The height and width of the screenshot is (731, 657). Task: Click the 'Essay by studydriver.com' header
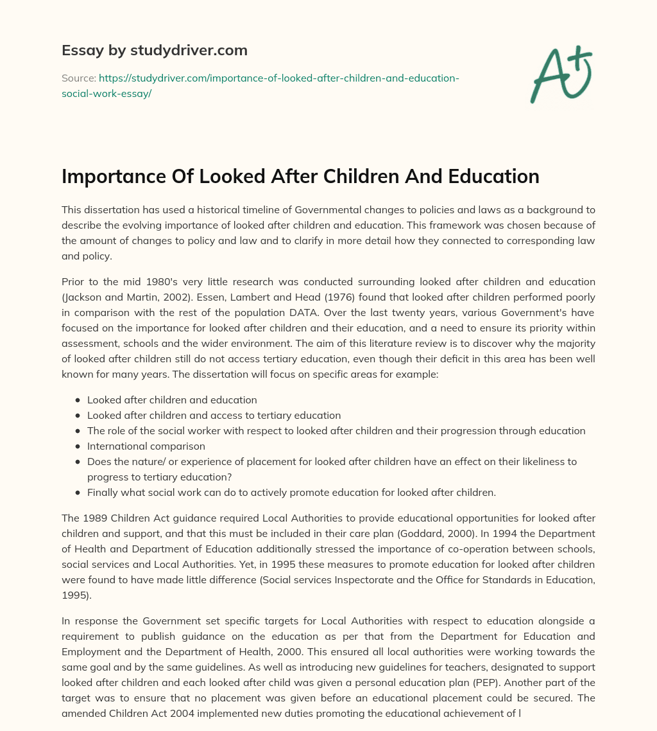(x=154, y=50)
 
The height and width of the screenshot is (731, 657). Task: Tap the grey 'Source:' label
(x=78, y=78)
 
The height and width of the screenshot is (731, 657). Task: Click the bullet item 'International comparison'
(x=146, y=446)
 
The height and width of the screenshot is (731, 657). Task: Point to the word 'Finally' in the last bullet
(x=105, y=493)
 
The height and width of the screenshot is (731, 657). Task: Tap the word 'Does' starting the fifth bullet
(x=99, y=461)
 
